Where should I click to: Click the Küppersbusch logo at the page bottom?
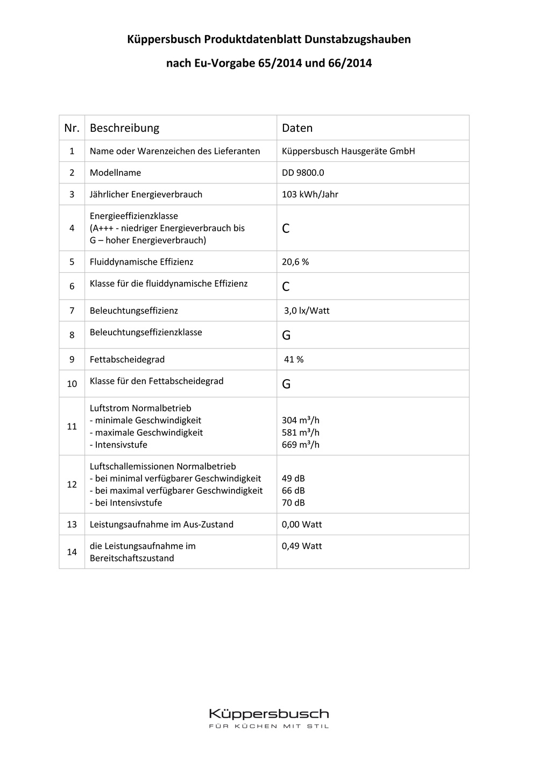click(x=268, y=714)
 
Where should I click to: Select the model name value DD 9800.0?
click(x=303, y=173)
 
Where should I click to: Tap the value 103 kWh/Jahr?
click(x=310, y=194)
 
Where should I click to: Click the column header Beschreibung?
click(x=124, y=128)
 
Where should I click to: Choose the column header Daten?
click(x=297, y=128)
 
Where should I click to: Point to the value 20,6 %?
click(x=295, y=262)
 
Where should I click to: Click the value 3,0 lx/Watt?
click(x=307, y=310)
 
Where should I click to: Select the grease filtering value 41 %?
click(x=294, y=359)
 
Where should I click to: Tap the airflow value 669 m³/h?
click(x=301, y=444)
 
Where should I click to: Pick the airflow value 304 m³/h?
click(x=301, y=420)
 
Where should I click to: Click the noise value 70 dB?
click(x=293, y=502)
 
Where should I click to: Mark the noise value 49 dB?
click(x=293, y=478)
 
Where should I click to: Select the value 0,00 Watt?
click(x=302, y=524)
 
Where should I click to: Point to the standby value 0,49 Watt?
click(x=302, y=546)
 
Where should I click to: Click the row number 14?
click(x=72, y=552)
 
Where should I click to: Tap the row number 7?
click(x=72, y=310)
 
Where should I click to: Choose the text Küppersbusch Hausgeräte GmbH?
click(x=348, y=151)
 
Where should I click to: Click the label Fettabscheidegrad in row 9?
click(x=127, y=359)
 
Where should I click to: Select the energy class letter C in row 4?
click(x=286, y=228)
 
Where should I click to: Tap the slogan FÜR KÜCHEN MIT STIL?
click(x=268, y=726)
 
